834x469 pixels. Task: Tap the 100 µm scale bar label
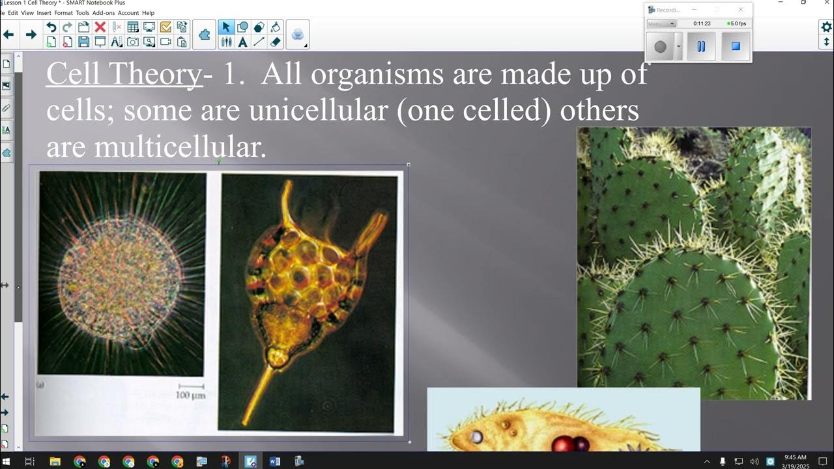click(x=191, y=395)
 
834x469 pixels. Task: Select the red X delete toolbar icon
click(x=100, y=27)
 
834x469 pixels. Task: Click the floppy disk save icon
click(x=83, y=42)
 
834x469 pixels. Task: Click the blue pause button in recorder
click(x=701, y=47)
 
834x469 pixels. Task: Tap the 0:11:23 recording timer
click(x=702, y=23)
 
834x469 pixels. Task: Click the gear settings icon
click(x=826, y=27)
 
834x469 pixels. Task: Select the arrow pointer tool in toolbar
click(x=226, y=27)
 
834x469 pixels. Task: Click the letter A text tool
click(x=242, y=42)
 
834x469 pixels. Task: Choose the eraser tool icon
click(x=275, y=42)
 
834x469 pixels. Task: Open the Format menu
click(x=63, y=12)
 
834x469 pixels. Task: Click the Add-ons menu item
click(x=103, y=12)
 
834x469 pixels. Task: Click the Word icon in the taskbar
click(x=274, y=461)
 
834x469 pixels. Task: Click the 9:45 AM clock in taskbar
click(x=795, y=457)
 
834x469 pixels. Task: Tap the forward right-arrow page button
click(x=31, y=35)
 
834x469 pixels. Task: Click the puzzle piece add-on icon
click(x=205, y=35)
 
